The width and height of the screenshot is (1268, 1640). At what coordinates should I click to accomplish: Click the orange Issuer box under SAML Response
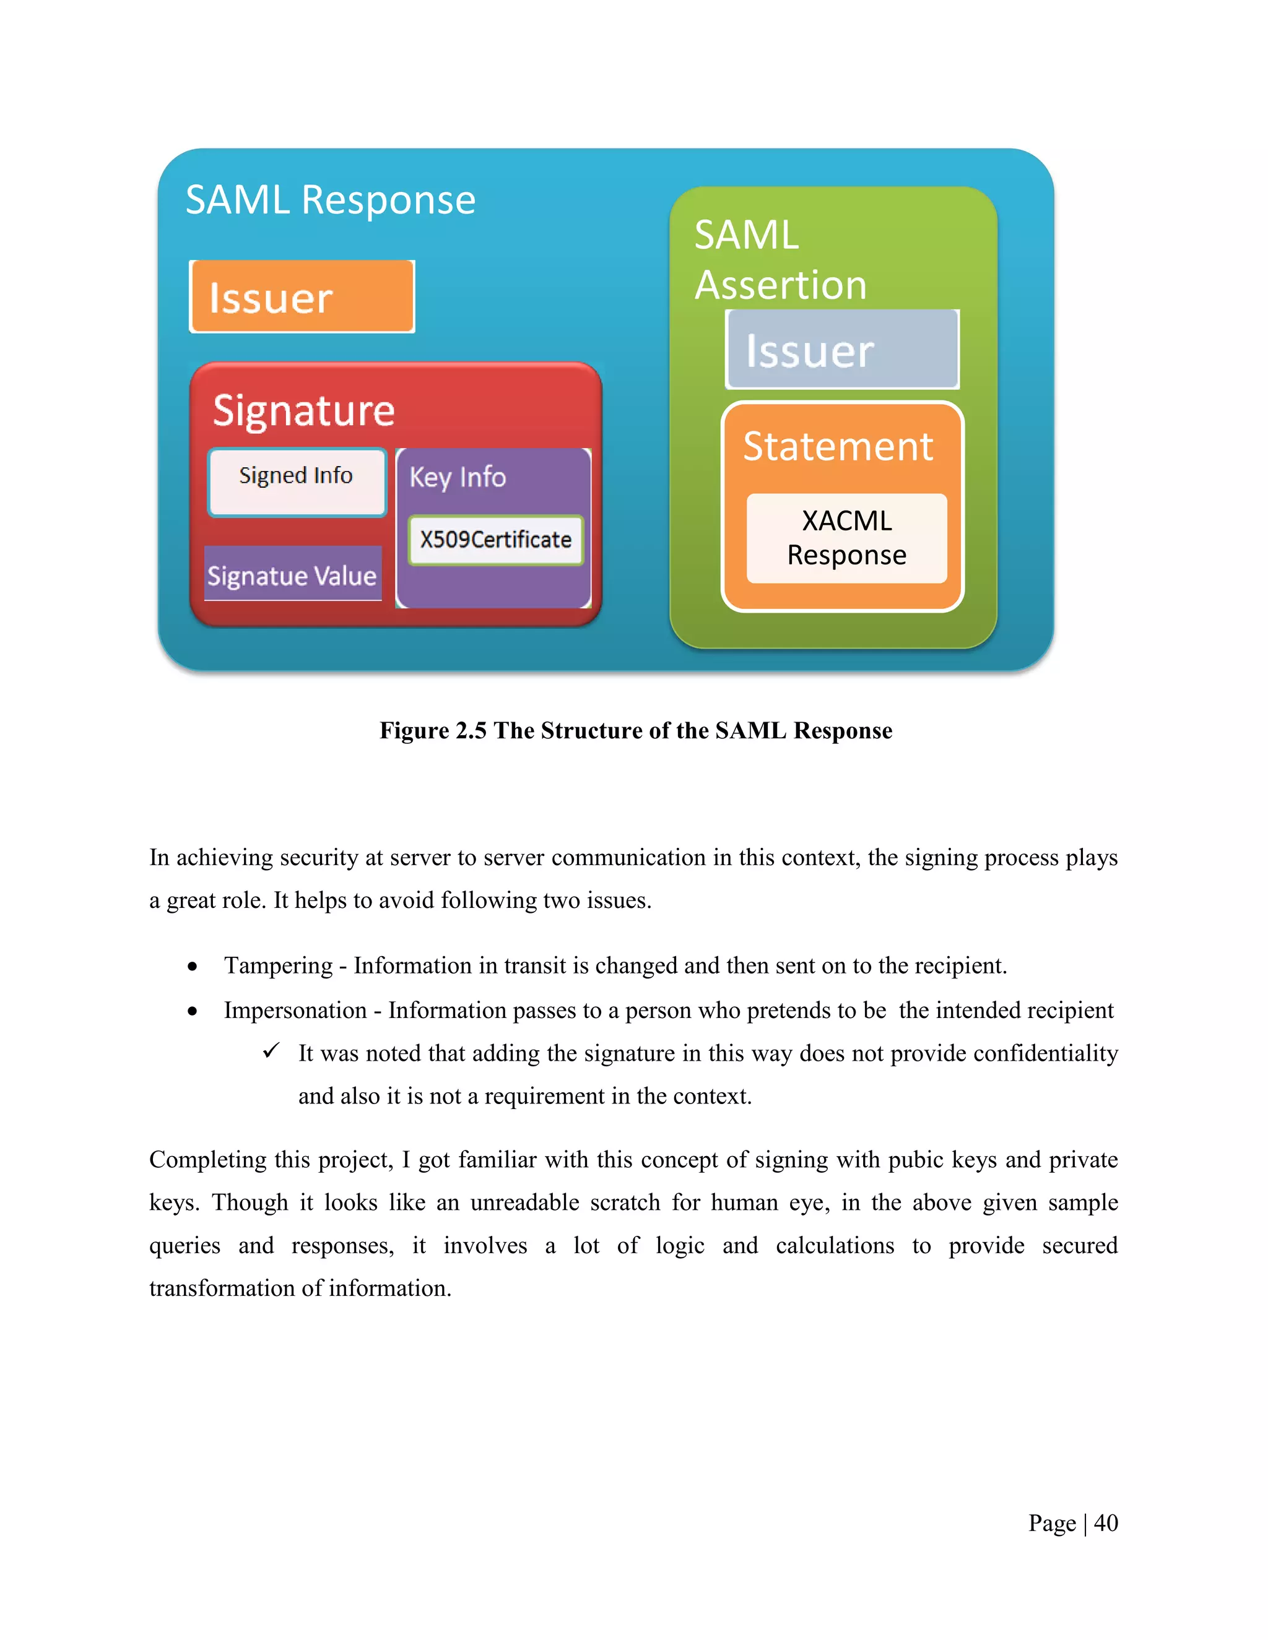(x=302, y=296)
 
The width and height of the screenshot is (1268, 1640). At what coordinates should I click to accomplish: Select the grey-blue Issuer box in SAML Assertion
(x=842, y=350)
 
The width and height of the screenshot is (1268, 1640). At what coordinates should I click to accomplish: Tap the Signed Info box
(x=297, y=481)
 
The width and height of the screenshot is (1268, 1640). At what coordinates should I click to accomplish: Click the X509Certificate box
(x=496, y=540)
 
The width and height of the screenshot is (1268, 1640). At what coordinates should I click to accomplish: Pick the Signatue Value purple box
(x=292, y=574)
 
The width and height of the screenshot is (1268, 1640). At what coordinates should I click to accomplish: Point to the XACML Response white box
(x=846, y=538)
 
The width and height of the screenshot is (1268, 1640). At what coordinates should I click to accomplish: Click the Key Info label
(x=458, y=477)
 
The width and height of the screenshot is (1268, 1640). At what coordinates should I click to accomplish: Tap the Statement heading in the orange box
(x=838, y=446)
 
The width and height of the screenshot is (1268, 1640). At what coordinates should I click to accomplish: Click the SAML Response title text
(x=331, y=200)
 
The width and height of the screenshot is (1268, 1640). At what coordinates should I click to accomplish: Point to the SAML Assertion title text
(x=779, y=259)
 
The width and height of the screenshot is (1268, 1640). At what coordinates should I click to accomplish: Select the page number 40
(x=1106, y=1523)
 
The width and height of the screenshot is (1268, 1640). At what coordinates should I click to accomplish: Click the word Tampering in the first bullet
(x=278, y=965)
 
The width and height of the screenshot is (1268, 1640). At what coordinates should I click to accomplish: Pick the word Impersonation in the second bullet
(x=295, y=1011)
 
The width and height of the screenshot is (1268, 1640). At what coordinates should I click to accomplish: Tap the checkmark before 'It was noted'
(x=271, y=1051)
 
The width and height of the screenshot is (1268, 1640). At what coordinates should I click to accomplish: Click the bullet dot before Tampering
(x=193, y=967)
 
